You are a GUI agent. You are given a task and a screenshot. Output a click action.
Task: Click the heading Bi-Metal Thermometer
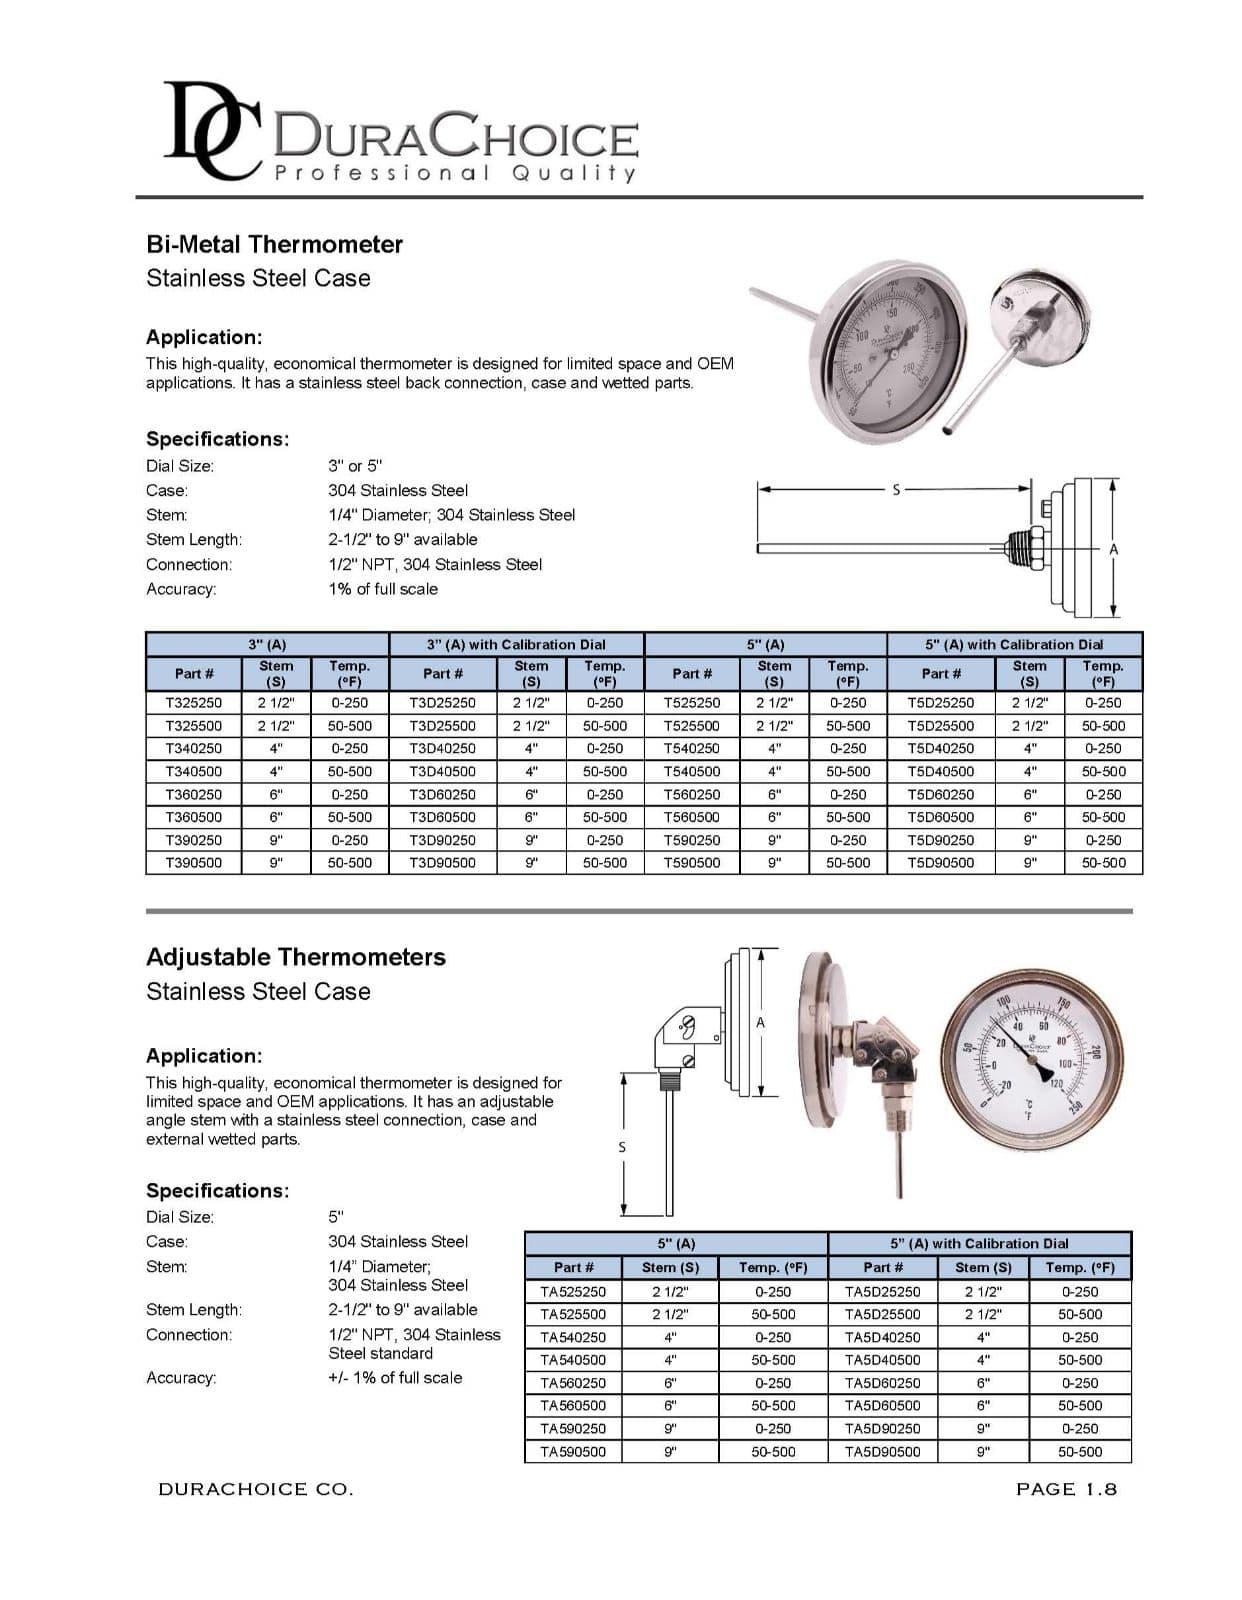274,244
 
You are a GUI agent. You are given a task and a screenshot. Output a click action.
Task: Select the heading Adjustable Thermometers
295,957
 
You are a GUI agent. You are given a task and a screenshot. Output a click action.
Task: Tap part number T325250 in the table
194,703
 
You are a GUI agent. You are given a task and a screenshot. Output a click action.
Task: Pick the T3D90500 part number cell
443,862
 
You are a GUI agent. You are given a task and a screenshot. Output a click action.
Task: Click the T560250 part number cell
692,794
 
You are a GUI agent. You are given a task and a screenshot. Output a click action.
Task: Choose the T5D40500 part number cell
940,771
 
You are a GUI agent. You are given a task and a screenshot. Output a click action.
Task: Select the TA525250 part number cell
573,1291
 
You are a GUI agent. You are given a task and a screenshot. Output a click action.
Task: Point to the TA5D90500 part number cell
883,1451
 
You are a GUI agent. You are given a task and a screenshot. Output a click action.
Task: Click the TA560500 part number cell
573,1405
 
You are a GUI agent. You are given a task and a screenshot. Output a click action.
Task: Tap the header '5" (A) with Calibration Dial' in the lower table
979,1243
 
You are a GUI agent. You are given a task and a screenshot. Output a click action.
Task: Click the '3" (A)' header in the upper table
266,645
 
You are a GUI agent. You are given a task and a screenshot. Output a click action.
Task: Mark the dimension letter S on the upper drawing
896,489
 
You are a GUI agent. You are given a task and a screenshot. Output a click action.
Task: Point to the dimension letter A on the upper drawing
1114,549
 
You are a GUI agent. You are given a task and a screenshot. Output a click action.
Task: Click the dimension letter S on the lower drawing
622,1146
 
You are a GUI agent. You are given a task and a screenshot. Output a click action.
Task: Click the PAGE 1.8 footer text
1066,1489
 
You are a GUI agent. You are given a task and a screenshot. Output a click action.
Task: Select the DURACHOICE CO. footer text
255,1489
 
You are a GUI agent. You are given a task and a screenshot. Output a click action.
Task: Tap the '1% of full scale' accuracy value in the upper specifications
383,589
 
